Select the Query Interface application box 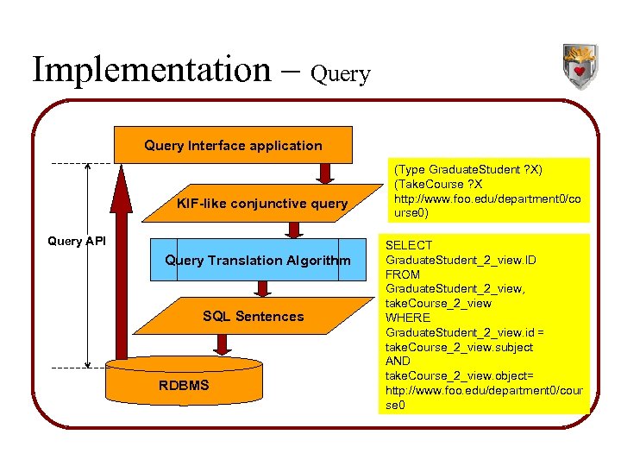[x=233, y=146]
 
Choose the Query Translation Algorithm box [x=258, y=261]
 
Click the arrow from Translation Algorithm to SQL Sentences [x=258, y=289]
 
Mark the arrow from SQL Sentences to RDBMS [x=222, y=343]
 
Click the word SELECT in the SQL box [x=409, y=246]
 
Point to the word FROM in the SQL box [x=402, y=274]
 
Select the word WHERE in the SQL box [x=407, y=318]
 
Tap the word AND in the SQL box [x=398, y=361]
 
